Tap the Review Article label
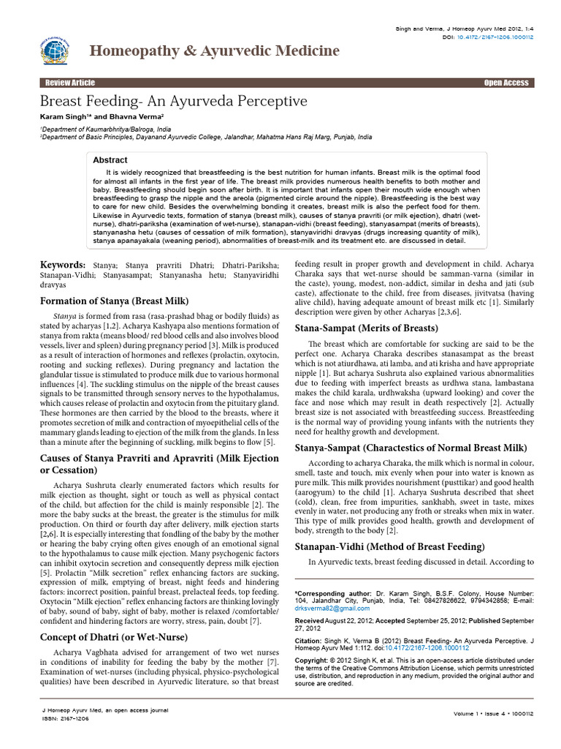[x=70, y=83]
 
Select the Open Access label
[x=506, y=83]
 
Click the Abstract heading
[x=110, y=159]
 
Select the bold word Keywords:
[x=62, y=263]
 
